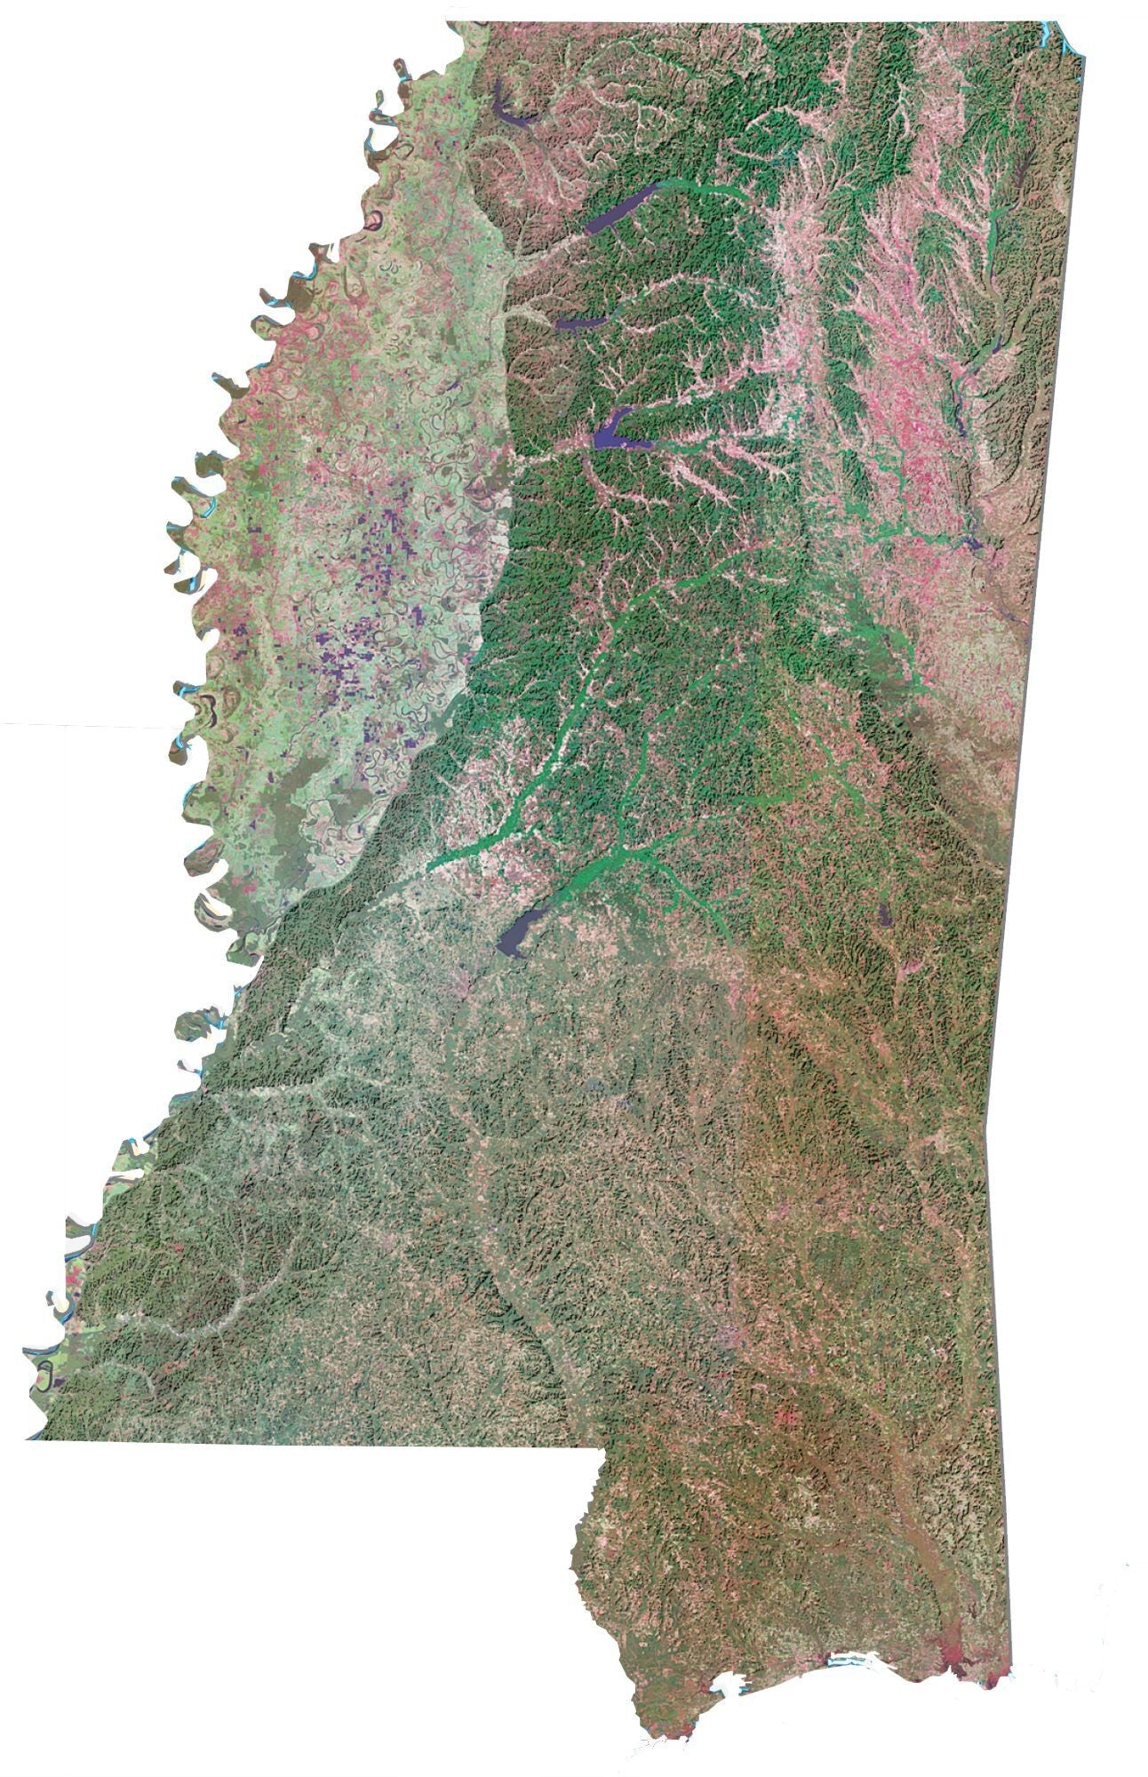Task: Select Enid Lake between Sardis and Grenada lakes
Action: coord(582,323)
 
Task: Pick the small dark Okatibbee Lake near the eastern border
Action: coord(883,915)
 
